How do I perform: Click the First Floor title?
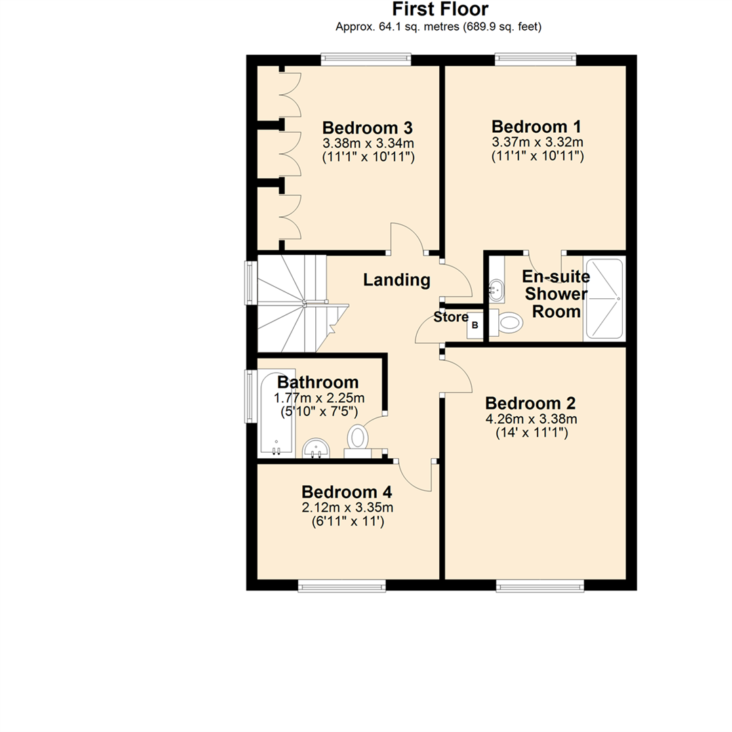(440, 10)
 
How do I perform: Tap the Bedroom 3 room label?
(367, 127)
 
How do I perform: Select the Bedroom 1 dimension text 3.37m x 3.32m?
(537, 142)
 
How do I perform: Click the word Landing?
(396, 279)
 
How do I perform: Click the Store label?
(451, 317)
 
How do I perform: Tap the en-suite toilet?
(509, 322)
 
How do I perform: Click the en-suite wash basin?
(496, 290)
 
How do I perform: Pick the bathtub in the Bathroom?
(276, 413)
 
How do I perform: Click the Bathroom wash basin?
(316, 447)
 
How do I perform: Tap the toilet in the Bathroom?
(357, 437)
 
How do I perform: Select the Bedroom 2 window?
(540, 585)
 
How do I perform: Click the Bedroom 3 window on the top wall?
(366, 60)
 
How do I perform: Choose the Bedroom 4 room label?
(347, 492)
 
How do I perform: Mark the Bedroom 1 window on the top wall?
(535, 60)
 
